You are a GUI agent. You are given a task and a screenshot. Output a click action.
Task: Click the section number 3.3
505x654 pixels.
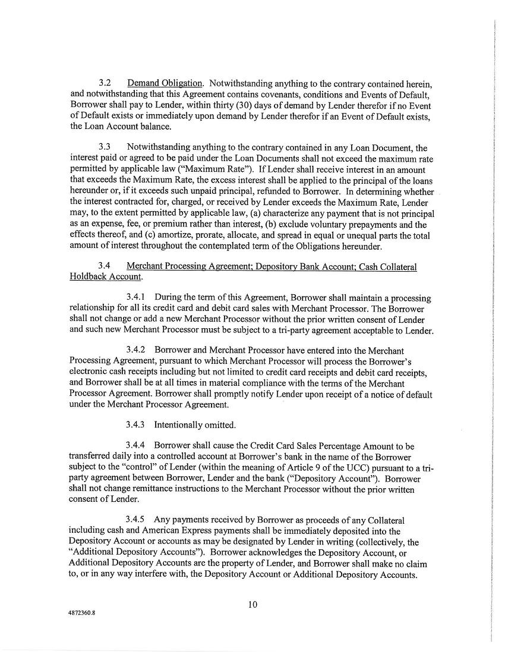click(x=105, y=147)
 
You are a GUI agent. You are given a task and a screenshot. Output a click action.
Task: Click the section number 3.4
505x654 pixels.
click(x=105, y=266)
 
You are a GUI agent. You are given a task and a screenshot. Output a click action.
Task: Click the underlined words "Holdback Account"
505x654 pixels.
click(x=105, y=277)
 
